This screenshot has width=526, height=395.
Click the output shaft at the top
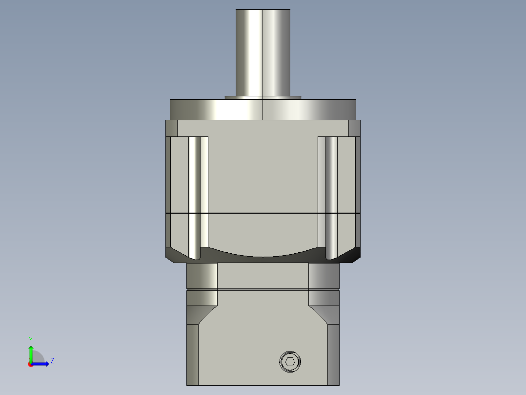pyautogui.click(x=263, y=51)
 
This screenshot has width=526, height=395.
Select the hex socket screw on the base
pyautogui.click(x=290, y=362)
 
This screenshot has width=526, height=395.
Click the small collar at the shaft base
pyautogui.click(x=263, y=97)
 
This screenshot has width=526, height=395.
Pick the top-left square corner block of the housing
pyautogui.click(x=171, y=128)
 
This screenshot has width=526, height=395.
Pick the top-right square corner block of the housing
pyautogui.click(x=354, y=128)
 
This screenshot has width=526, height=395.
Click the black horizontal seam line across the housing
pyautogui.click(x=263, y=214)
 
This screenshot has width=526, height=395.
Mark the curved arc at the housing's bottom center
pyautogui.click(x=263, y=254)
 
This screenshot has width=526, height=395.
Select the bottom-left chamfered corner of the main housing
pyautogui.click(x=174, y=255)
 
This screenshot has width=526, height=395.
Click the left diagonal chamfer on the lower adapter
pyautogui.click(x=205, y=315)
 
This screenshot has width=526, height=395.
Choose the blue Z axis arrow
pyautogui.click(x=42, y=364)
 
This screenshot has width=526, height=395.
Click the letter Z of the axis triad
pyautogui.click(x=52, y=361)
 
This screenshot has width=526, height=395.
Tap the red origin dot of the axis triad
pyautogui.click(x=30, y=364)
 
